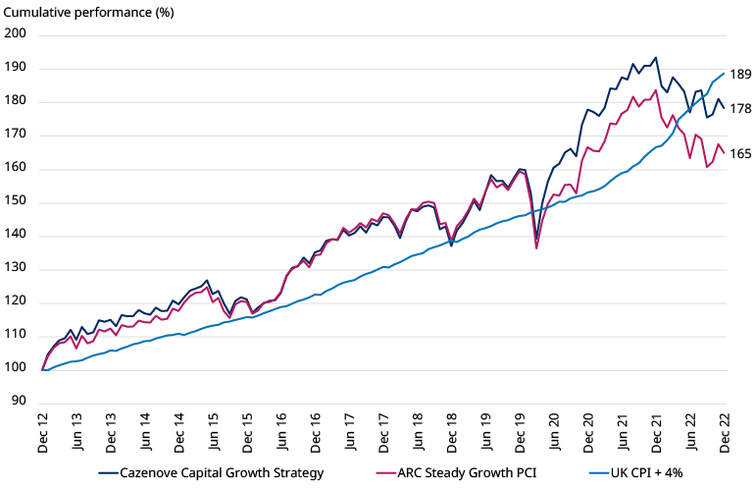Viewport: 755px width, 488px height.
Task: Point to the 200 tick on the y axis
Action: [x=16, y=34]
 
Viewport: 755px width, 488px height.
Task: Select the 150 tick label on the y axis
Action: [x=16, y=203]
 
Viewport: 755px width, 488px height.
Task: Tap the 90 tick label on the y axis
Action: [x=19, y=402]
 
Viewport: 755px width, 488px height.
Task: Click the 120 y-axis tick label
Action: [x=16, y=303]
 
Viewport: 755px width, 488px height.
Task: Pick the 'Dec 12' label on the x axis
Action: [x=43, y=432]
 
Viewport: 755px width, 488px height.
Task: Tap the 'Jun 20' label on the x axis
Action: [x=554, y=432]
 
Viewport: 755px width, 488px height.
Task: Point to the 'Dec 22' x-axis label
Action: [x=725, y=432]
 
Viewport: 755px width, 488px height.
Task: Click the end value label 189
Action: [x=740, y=75]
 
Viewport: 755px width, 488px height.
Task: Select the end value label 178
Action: [x=740, y=109]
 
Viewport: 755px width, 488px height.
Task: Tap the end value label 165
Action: [x=740, y=154]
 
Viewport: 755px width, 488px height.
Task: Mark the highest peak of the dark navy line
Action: [x=656, y=57]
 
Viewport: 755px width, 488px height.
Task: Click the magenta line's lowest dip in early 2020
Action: [x=536, y=247]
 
